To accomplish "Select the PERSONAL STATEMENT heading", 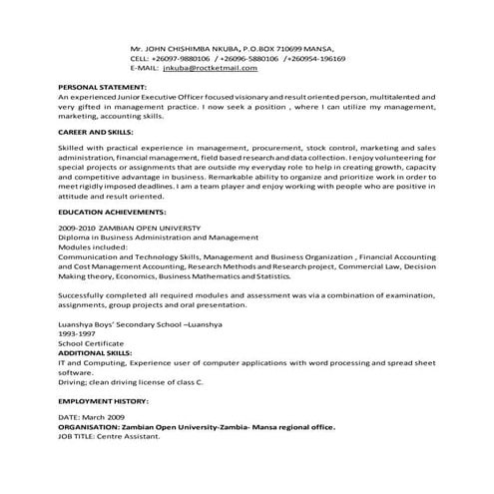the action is click(x=102, y=87).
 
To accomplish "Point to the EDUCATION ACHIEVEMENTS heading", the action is click(x=112, y=212).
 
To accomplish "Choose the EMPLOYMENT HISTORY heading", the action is click(x=104, y=399).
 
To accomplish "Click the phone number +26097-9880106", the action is click(x=189, y=58).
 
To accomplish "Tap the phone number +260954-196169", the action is click(x=313, y=58).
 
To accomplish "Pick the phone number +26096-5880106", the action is click(x=252, y=58).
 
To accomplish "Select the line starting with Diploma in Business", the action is click(x=158, y=238).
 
